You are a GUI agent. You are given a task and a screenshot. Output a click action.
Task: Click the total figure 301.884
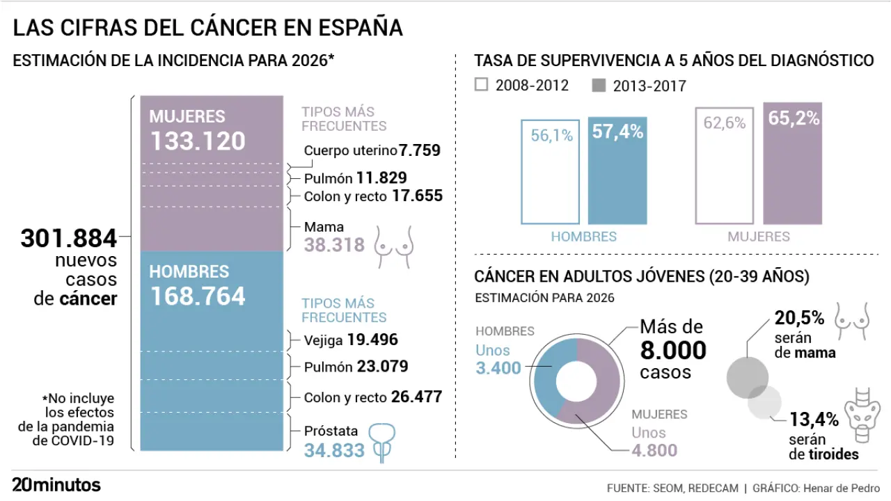[x=69, y=239]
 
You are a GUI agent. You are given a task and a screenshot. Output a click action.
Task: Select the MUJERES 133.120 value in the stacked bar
[x=198, y=141]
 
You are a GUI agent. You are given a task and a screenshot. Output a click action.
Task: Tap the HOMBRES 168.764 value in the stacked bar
[x=198, y=296]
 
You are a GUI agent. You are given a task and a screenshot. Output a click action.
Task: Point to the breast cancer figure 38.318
[x=334, y=245]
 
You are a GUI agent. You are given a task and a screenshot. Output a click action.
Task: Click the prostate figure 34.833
[x=334, y=450]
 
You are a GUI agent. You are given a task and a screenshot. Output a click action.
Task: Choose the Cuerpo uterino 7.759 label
[x=372, y=150]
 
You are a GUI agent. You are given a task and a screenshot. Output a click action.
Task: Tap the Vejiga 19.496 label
[x=351, y=340]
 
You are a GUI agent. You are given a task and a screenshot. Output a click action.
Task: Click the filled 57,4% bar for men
[x=617, y=170]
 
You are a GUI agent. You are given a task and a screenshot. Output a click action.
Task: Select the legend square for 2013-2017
[x=599, y=86]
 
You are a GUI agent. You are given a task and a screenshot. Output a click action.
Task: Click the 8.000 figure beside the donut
[x=673, y=350]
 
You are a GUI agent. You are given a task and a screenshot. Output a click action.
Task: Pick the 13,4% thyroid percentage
[x=814, y=420]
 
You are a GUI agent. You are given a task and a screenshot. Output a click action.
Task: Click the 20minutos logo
[x=56, y=485]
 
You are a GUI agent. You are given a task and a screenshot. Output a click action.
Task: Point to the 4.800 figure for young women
[x=654, y=450]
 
